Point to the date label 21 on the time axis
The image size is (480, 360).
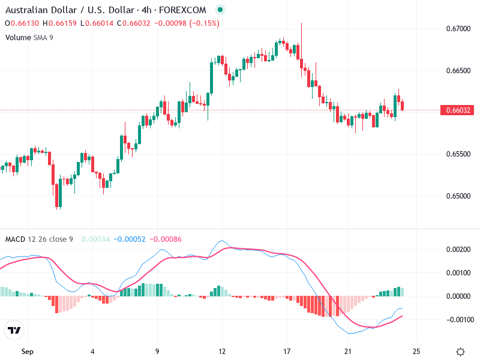[348, 351]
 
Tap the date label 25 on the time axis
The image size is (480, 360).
[416, 351]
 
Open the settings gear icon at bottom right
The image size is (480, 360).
[461, 352]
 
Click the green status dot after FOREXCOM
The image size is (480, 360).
[220, 10]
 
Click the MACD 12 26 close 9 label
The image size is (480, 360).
[39, 239]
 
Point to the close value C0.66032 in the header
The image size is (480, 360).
[132, 23]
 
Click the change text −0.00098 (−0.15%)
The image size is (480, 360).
[187, 23]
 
